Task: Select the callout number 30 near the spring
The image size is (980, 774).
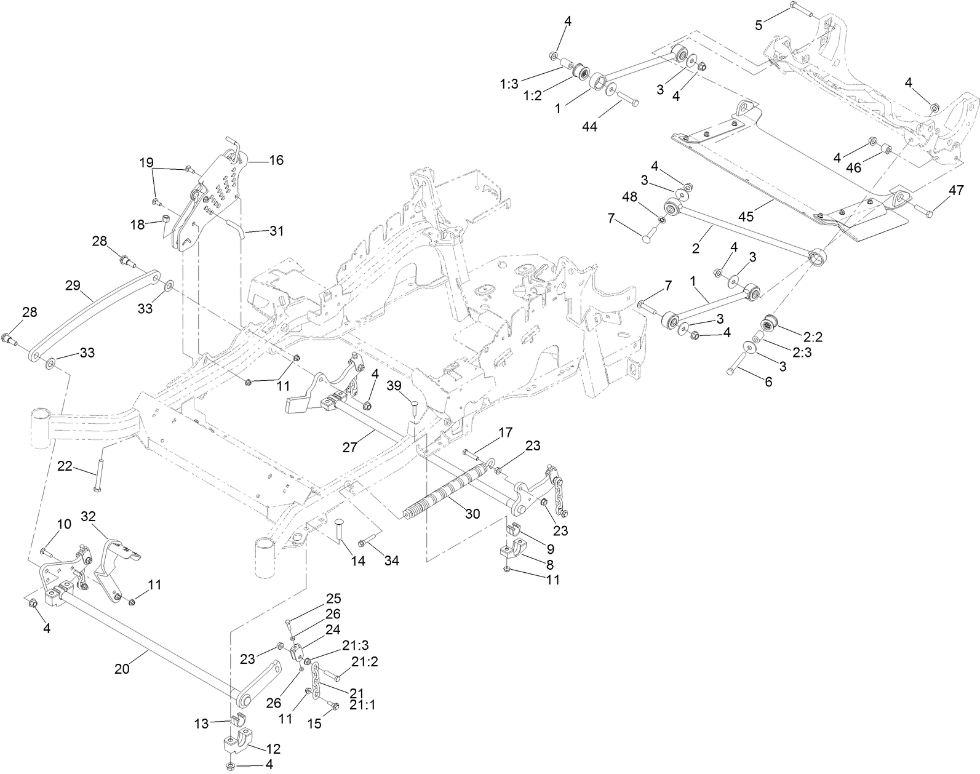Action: pos(472,514)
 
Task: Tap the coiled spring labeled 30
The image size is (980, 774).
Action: pos(443,492)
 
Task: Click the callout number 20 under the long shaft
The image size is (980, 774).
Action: pos(122,669)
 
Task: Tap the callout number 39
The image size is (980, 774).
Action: pos(394,386)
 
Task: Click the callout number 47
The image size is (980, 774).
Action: pos(955,190)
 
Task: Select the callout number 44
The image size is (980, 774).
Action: pos(590,126)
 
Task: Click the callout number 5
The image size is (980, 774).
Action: pos(759,25)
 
